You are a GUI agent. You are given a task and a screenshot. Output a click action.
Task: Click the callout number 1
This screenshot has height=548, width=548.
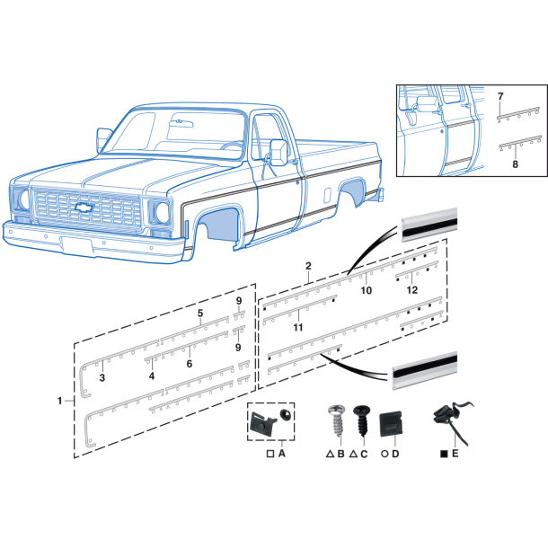pyautogui.click(x=60, y=400)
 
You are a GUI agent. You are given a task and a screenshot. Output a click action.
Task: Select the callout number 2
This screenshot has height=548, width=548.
pyautogui.click(x=308, y=266)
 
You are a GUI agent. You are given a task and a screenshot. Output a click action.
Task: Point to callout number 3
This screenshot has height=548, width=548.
pyautogui.click(x=102, y=377)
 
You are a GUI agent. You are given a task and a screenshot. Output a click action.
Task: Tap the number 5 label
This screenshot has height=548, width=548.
pyautogui.click(x=200, y=314)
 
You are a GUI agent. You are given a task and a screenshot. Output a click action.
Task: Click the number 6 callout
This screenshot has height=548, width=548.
pyautogui.click(x=190, y=364)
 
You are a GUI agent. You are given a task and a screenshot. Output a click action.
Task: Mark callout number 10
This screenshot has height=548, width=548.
pyautogui.click(x=366, y=290)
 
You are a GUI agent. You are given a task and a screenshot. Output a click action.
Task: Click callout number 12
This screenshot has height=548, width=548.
pyautogui.click(x=412, y=289)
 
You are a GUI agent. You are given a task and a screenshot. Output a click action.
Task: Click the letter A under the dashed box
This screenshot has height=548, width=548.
pyautogui.click(x=281, y=455)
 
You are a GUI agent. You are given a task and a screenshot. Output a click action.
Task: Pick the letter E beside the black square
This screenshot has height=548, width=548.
pyautogui.click(x=455, y=455)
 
